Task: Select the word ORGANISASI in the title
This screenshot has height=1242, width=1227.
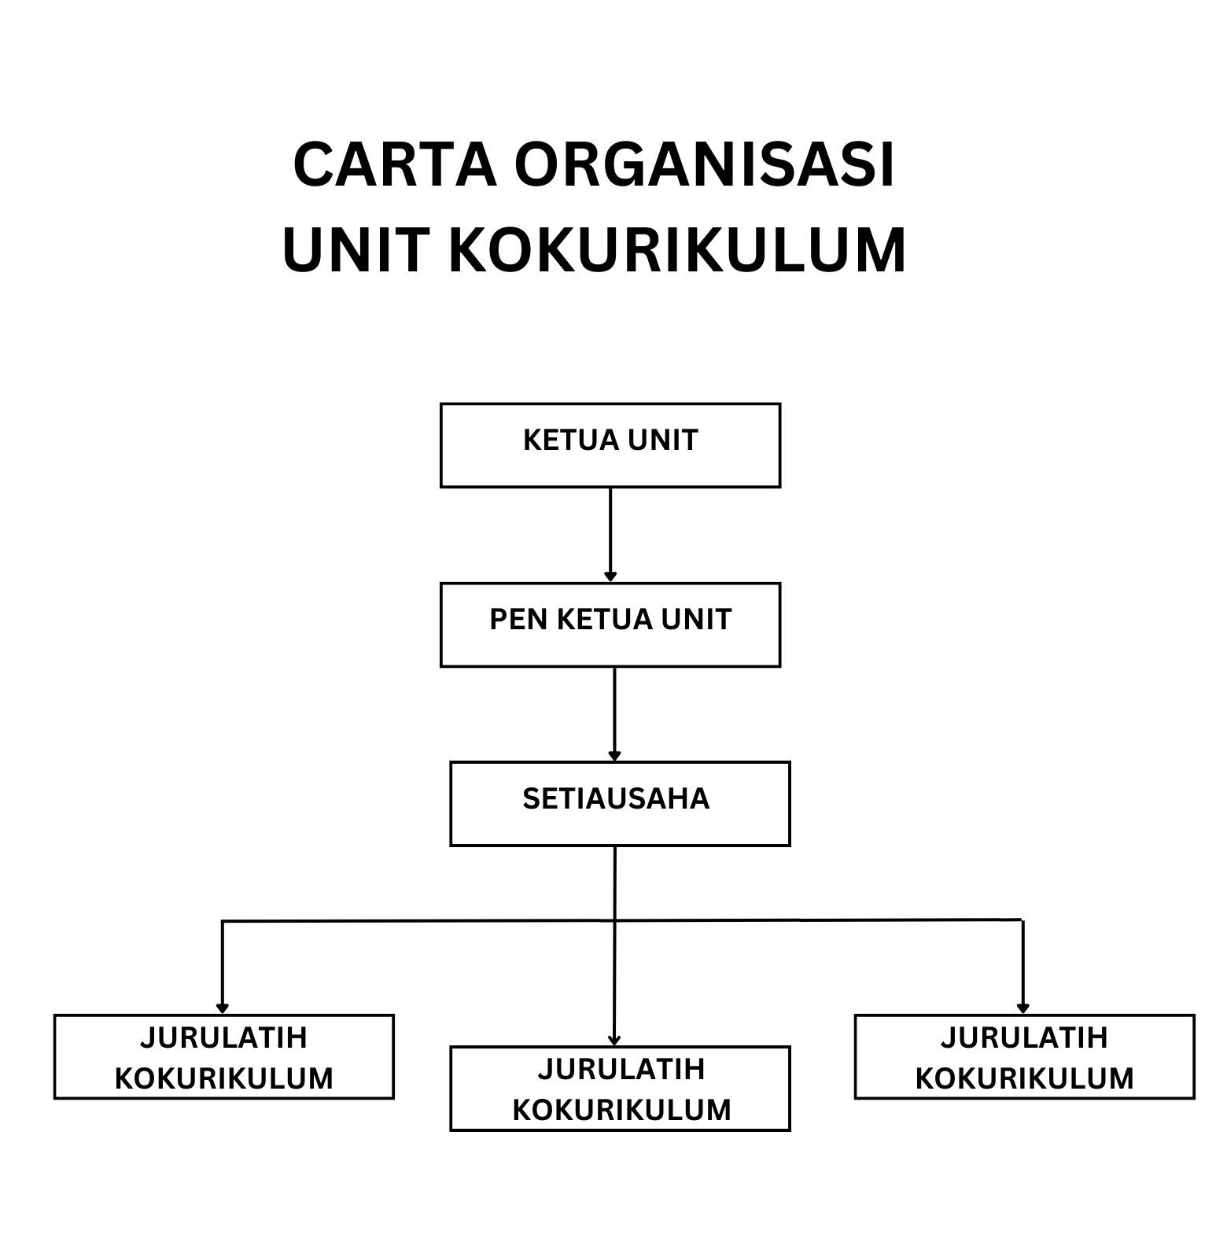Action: point(705,165)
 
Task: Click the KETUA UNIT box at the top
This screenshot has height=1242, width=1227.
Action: point(610,445)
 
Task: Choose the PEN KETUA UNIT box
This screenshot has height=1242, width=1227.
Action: point(610,625)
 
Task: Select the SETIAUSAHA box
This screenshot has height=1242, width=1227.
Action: point(619,803)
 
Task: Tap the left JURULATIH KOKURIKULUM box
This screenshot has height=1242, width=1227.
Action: point(223,1056)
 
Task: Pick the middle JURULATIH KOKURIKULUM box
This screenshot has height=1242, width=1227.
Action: point(619,1088)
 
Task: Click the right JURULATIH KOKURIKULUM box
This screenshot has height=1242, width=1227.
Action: point(1024,1056)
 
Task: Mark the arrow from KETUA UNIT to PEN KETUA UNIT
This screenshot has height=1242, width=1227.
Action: point(610,535)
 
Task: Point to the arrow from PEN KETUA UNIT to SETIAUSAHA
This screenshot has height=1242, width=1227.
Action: point(614,713)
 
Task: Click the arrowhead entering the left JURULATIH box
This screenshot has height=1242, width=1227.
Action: point(223,1008)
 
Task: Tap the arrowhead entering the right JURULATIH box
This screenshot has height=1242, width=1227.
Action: point(1022,1008)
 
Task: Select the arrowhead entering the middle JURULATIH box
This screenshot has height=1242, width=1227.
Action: point(614,1040)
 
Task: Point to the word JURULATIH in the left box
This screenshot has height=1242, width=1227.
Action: point(223,1038)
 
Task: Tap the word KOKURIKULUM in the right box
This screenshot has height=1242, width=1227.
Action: point(1024,1078)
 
